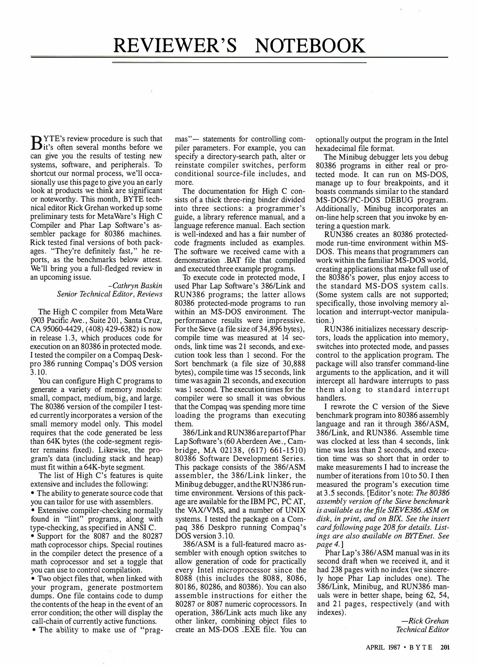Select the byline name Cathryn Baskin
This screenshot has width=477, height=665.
pos(137,285)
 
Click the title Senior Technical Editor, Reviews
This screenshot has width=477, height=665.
pos(109,294)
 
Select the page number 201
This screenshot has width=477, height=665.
pos(445,647)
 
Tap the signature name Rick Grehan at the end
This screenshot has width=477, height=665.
pos(429,621)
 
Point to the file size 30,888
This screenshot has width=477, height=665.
pos(294,363)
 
